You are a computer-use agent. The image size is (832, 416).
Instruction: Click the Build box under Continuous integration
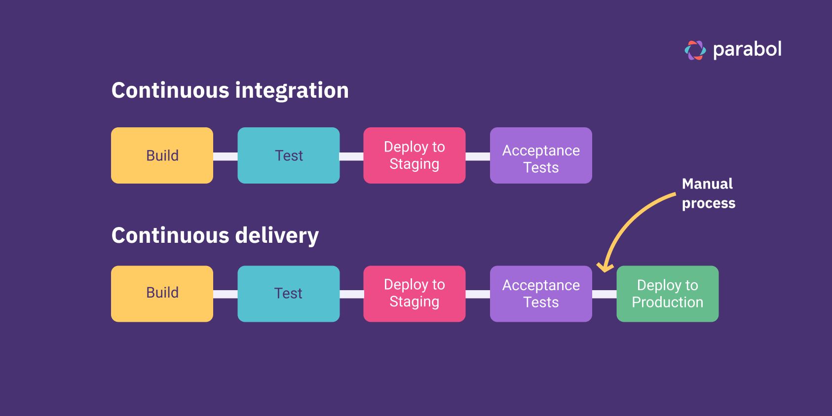click(x=162, y=155)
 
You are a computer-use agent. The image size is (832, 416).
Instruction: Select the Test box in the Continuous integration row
click(x=288, y=155)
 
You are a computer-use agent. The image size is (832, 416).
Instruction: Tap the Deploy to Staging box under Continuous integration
click(x=415, y=155)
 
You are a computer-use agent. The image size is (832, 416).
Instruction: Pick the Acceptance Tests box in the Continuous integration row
click(x=541, y=155)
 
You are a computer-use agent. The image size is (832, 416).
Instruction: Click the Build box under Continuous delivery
click(x=162, y=294)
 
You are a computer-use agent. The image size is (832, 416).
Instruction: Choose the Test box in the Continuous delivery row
click(x=288, y=294)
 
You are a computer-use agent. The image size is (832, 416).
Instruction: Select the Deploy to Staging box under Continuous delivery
click(x=415, y=294)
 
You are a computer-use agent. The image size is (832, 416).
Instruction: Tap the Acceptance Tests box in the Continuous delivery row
click(x=541, y=294)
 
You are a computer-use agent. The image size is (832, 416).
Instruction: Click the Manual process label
click(x=708, y=193)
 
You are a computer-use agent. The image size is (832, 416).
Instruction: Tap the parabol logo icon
click(x=695, y=50)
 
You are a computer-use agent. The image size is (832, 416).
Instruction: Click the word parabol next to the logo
click(x=747, y=49)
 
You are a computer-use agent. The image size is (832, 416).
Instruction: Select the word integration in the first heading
click(x=292, y=91)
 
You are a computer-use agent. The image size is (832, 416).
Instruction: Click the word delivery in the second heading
click(x=277, y=236)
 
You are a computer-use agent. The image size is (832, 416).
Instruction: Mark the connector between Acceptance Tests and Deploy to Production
click(x=604, y=294)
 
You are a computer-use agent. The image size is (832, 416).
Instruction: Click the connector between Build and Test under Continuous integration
click(x=225, y=156)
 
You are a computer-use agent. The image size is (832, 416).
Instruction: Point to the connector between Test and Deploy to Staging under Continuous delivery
click(x=351, y=294)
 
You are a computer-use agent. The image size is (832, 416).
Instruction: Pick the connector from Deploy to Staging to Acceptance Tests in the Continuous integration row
click(x=478, y=156)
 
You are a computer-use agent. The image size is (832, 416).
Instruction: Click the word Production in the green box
click(x=667, y=303)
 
